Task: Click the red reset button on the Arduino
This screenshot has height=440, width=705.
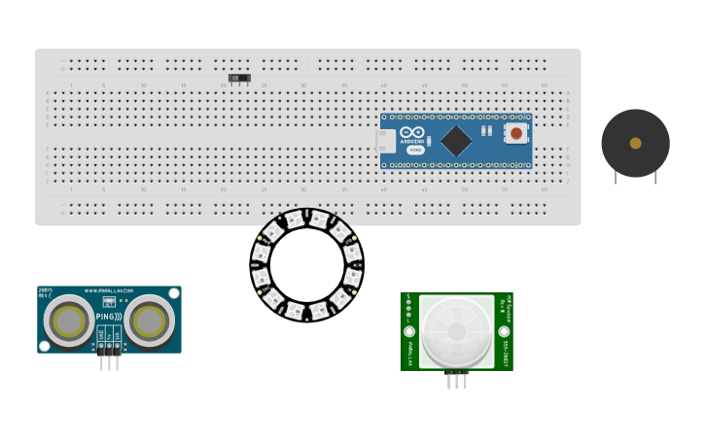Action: pos(515,133)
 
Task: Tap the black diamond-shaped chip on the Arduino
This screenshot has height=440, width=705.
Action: pos(455,141)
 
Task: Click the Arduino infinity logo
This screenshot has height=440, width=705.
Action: pos(412,133)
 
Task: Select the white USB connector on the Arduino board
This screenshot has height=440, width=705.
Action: pos(385,141)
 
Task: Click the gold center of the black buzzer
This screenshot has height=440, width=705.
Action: pos(635,143)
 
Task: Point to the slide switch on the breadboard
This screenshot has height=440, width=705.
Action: pos(239,78)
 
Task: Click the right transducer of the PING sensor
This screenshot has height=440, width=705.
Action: pos(149,321)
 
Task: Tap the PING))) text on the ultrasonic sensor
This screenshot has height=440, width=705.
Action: pos(109,317)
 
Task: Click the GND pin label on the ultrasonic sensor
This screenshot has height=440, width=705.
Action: pos(100,334)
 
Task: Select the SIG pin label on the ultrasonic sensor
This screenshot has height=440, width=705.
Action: pos(118,334)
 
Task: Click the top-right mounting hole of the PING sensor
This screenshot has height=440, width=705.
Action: pos(174,292)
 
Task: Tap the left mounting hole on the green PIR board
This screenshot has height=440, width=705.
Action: pos(409,331)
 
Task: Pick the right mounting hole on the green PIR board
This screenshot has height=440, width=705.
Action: pos(504,331)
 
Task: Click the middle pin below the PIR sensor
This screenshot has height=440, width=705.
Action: pos(456,380)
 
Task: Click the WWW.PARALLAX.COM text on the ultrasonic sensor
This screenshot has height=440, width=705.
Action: pos(109,290)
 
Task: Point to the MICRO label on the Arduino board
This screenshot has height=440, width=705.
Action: pos(415,150)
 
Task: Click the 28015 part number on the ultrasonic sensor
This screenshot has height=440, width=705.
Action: pos(45,290)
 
